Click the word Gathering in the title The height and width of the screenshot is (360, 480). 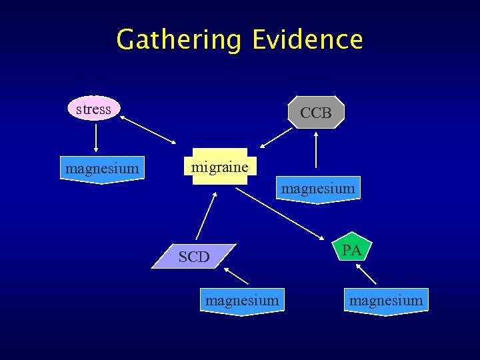pyautogui.click(x=178, y=40)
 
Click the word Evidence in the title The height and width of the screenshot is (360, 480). pyautogui.click(x=307, y=40)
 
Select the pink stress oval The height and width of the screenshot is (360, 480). pyautogui.click(x=94, y=109)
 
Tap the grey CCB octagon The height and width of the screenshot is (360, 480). pyautogui.click(x=316, y=113)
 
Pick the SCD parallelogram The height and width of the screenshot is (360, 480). pyautogui.click(x=194, y=257)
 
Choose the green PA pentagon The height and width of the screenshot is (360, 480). pyautogui.click(x=352, y=251)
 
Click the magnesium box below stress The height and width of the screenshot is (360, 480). pyautogui.click(x=102, y=169)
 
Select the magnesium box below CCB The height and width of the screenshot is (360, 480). pyautogui.click(x=318, y=189)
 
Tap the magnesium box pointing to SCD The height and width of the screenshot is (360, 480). pyautogui.click(x=242, y=301)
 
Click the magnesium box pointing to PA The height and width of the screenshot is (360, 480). pyautogui.click(x=386, y=301)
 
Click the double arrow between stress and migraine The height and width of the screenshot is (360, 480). pyautogui.click(x=148, y=130)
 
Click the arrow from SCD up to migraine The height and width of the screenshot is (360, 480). pyautogui.click(x=207, y=216)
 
